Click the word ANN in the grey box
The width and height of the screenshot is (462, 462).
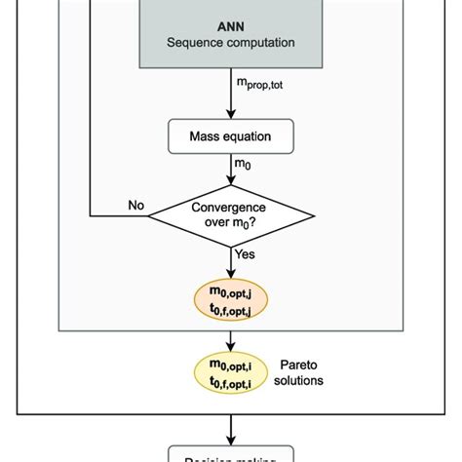(231, 24)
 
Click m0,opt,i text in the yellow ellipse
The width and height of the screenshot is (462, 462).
(231, 364)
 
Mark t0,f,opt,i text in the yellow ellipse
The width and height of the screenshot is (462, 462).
(231, 381)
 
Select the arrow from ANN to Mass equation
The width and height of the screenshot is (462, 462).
(231, 99)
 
